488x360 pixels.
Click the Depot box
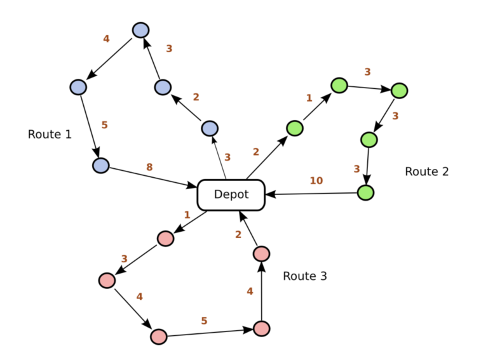coord(231,195)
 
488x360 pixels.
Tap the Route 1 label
coord(50,135)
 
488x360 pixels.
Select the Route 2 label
coord(427,171)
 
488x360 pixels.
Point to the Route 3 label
coord(305,276)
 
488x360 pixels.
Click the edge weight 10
coord(316,180)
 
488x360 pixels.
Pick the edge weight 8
coord(149,167)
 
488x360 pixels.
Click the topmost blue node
coord(140,30)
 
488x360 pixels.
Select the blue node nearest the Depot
coord(210,128)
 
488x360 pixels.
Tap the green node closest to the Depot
coord(294,128)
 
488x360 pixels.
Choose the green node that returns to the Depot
coord(366,193)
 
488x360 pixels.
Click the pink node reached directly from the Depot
coord(165,239)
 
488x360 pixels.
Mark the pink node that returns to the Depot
coord(261,254)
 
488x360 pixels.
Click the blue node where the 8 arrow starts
coord(101,165)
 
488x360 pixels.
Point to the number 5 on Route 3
coord(204,321)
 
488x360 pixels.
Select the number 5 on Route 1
coord(105,125)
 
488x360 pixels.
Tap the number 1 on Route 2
coord(309,98)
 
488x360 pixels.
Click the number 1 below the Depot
coord(187,215)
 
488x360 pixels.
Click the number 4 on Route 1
coord(107,39)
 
